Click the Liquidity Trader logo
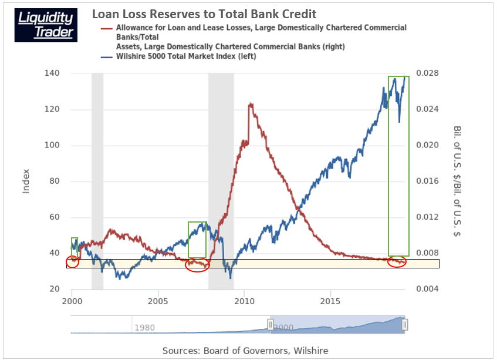point(46,25)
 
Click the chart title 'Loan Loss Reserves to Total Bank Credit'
point(204,14)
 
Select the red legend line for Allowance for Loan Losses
point(107,28)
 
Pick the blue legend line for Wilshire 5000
point(107,57)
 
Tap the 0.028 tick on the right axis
point(428,73)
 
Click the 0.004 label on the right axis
point(428,289)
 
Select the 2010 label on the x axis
point(244,299)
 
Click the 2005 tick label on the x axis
point(158,299)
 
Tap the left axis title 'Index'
point(26,181)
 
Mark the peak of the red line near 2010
point(251,105)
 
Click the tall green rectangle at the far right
point(398,166)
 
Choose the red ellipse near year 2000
point(72,262)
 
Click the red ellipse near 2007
point(197,265)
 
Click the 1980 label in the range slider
point(145,328)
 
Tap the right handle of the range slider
point(405,324)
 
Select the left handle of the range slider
point(271,324)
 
